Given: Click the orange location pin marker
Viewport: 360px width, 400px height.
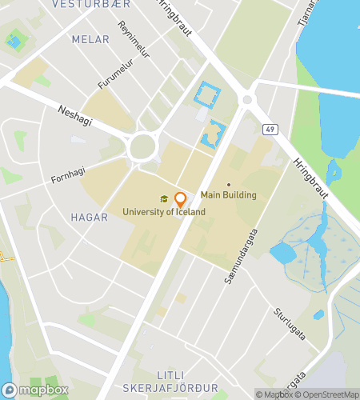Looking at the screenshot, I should coord(181,200).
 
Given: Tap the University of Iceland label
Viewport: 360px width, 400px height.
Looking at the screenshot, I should coord(164,212).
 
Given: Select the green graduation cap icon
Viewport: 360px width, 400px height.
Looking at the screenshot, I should coord(164,199).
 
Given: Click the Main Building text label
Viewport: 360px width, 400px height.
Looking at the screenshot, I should coord(228,194).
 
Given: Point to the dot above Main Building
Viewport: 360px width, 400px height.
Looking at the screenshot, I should coord(228,184).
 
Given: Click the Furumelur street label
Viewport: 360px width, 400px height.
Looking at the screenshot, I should coord(113,73).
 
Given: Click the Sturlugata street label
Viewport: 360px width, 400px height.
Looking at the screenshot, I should coord(289,323).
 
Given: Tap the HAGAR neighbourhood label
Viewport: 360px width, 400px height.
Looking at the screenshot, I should coord(89,217).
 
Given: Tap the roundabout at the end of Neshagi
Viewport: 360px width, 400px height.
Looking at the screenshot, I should coord(142,146).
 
